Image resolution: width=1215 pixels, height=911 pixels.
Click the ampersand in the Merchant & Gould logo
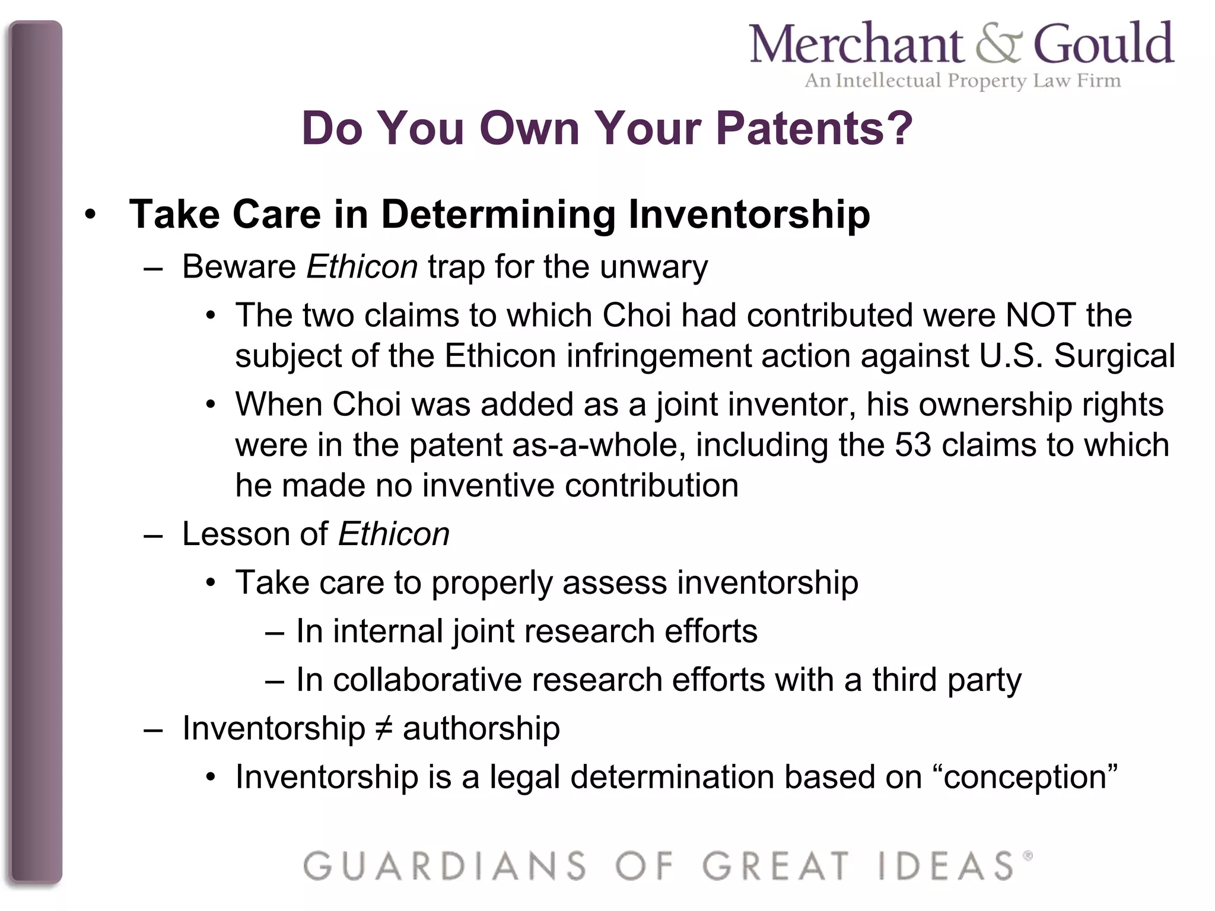[999, 44]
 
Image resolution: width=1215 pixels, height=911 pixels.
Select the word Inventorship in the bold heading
[749, 214]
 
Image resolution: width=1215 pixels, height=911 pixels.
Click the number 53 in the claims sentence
[913, 445]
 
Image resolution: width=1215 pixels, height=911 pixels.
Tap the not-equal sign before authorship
[384, 728]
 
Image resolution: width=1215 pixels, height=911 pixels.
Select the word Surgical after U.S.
[1114, 356]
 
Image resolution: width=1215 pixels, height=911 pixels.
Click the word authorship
[481, 728]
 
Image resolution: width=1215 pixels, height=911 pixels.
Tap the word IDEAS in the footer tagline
[946, 865]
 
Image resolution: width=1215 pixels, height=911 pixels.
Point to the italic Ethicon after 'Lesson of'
[393, 534]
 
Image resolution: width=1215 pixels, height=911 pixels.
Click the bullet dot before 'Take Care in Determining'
[90, 215]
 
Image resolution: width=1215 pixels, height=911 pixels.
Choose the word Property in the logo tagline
[987, 81]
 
